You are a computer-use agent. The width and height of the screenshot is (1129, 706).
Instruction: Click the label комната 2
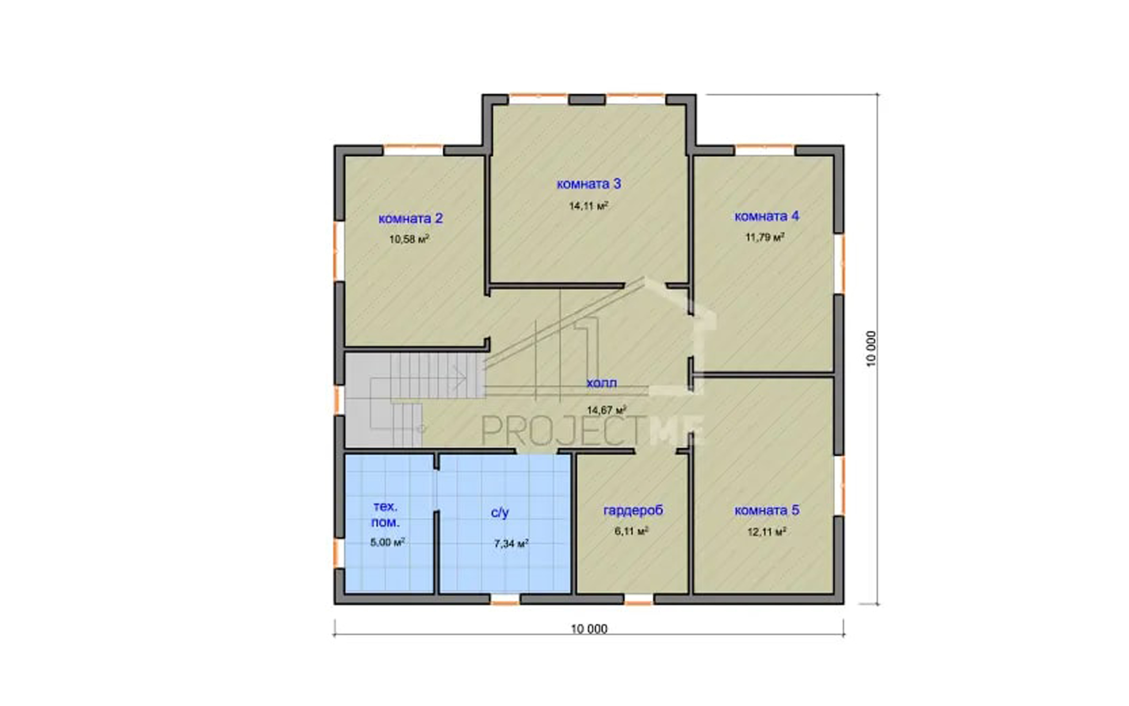click(410, 218)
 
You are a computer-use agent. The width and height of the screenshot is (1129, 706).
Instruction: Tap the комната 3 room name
click(589, 184)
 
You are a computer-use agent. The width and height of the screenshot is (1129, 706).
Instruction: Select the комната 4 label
click(766, 216)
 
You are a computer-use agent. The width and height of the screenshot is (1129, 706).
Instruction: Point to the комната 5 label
click(766, 510)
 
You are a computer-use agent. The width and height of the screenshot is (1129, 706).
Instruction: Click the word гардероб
click(633, 511)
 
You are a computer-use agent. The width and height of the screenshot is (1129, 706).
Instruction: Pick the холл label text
click(602, 383)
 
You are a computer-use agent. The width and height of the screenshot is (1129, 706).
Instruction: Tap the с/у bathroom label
click(500, 513)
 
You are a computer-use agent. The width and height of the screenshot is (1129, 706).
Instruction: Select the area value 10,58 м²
click(409, 240)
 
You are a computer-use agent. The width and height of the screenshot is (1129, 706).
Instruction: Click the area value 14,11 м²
click(589, 206)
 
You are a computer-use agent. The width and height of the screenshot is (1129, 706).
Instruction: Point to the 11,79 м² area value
click(765, 237)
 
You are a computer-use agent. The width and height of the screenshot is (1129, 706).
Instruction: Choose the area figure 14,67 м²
click(606, 410)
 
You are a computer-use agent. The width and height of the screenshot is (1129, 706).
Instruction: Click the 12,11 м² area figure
click(767, 532)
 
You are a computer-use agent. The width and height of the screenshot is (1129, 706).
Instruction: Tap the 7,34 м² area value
click(511, 544)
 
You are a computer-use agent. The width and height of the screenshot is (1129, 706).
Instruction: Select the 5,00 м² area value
click(387, 542)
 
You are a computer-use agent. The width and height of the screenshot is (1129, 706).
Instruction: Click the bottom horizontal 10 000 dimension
click(589, 629)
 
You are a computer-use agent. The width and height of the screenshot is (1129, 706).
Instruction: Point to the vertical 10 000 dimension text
click(871, 349)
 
